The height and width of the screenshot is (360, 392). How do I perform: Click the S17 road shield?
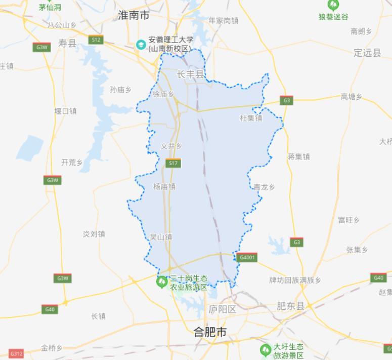pyautogui.click(x=173, y=163)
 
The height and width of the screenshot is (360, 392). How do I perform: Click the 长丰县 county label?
pyautogui.click(x=190, y=74)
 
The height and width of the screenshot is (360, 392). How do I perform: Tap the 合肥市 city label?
pyautogui.click(x=210, y=332)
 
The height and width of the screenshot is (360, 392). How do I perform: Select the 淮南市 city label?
pyautogui.click(x=134, y=16)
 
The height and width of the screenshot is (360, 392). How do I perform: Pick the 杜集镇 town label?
pyautogui.click(x=251, y=118)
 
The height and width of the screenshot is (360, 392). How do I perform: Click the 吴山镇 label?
pyautogui.click(x=161, y=236)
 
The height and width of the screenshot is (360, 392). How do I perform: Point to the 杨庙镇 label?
pyautogui.click(x=164, y=186)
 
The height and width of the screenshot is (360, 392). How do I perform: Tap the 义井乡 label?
pyautogui.click(x=171, y=146)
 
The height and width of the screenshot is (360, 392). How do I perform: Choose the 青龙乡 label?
pyautogui.click(x=264, y=187)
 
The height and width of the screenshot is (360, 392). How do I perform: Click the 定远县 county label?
pyautogui.click(x=367, y=53)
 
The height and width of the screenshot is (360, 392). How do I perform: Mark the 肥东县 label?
pyautogui.click(x=290, y=306)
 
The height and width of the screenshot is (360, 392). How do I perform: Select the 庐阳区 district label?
pyautogui.click(x=222, y=309)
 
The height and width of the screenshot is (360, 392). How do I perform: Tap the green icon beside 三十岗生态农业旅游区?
pyautogui.click(x=162, y=282)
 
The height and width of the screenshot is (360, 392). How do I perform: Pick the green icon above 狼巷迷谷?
pyautogui.click(x=333, y=6)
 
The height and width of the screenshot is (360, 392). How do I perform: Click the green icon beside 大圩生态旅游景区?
pyautogui.click(x=265, y=350)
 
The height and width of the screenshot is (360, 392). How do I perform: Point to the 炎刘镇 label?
pyautogui.click(x=94, y=234)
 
